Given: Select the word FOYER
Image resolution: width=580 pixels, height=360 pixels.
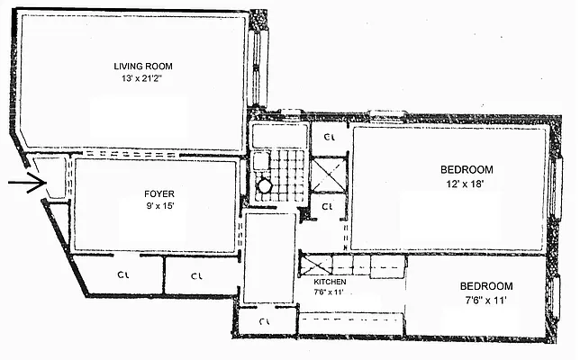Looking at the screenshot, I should point(159,193).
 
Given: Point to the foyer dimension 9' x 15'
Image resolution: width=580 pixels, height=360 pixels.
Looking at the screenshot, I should point(159,206).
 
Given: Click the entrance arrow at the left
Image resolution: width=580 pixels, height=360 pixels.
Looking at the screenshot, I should point(26,186).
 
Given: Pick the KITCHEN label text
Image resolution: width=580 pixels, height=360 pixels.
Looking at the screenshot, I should point(322,281).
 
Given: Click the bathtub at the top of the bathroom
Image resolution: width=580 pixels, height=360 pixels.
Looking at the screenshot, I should point(272,136).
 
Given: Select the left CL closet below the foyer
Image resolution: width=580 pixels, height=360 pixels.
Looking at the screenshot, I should point(119,274).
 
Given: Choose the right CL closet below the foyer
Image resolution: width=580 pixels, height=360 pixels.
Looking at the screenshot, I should point(196,274).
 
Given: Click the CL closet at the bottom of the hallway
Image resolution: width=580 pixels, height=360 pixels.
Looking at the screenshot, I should point(265,321).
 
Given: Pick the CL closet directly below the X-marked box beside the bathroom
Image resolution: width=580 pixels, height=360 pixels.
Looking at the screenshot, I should point(327,206).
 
